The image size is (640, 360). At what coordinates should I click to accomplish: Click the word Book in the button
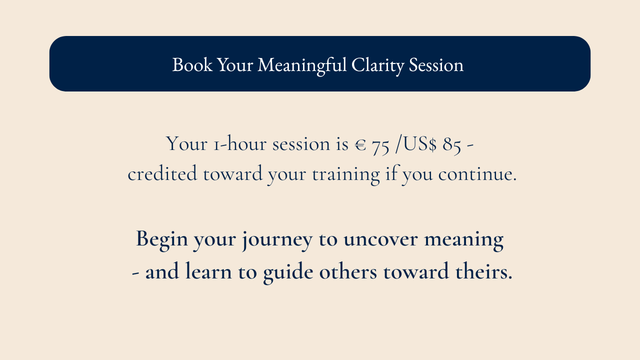tap(192, 64)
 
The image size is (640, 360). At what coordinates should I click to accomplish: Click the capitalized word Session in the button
tap(436, 64)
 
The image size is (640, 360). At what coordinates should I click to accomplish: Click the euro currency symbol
tap(360, 144)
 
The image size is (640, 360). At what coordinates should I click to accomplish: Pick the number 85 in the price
tap(451, 145)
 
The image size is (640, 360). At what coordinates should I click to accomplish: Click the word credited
tap(162, 173)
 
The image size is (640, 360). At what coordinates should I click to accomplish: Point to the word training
tap(345, 175)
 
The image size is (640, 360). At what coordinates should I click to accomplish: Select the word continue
tap(477, 173)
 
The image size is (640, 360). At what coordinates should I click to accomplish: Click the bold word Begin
tap(161, 240)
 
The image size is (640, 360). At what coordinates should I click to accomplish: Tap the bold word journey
tap(277, 240)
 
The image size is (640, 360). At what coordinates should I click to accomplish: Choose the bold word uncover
tap(380, 239)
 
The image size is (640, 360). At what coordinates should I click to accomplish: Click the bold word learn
tap(208, 271)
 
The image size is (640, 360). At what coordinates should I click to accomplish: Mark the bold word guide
tap(288, 272)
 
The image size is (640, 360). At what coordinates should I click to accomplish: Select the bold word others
tap(348, 271)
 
